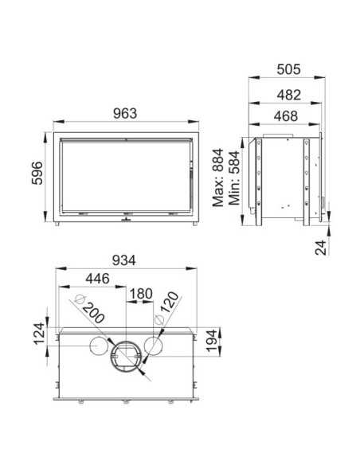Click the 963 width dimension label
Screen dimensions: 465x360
[125, 114]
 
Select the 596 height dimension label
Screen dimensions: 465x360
[36, 173]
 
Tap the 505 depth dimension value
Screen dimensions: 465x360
[288, 70]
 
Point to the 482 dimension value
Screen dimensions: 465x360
[288, 94]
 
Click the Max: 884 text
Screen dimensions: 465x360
[220, 177]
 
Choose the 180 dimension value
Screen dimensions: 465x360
[140, 293]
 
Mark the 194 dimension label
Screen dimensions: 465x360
[210, 341]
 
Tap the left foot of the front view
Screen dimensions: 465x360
[60, 227]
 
